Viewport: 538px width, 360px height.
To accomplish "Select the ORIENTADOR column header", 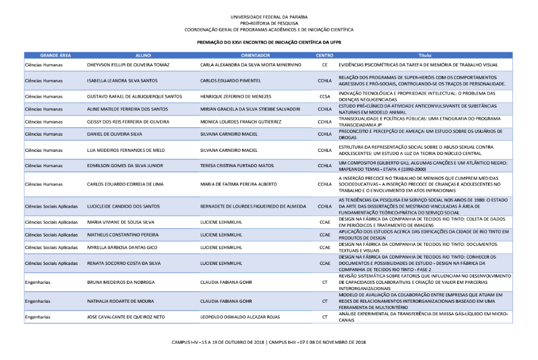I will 255,55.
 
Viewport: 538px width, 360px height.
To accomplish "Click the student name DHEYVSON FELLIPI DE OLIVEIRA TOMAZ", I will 128,65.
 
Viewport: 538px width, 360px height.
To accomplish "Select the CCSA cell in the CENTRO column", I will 324,97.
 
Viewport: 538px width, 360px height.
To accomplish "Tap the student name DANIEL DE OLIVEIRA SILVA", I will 115,135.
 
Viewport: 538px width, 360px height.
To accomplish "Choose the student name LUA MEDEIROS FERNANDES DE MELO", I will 126,150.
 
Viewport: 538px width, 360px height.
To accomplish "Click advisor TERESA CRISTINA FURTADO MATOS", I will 237,166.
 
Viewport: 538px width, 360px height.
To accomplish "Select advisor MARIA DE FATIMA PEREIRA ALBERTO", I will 238,184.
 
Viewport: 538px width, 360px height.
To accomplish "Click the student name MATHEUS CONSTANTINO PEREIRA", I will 122,234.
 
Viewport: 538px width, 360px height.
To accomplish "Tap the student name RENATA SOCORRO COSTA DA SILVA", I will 124,263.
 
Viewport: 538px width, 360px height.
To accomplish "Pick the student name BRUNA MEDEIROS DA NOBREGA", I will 121,282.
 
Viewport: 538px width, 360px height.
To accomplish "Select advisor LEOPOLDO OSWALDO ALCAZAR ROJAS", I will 241,317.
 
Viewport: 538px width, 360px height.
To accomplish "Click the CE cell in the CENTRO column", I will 324,65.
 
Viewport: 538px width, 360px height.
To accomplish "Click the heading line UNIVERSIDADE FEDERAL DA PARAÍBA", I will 269,17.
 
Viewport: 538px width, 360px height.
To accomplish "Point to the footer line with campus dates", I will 269,342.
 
